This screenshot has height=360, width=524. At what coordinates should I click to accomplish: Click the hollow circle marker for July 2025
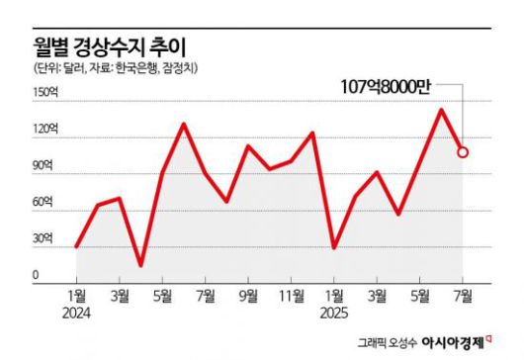tap(463, 152)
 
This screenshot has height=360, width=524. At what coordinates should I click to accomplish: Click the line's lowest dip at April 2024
tap(140, 265)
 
